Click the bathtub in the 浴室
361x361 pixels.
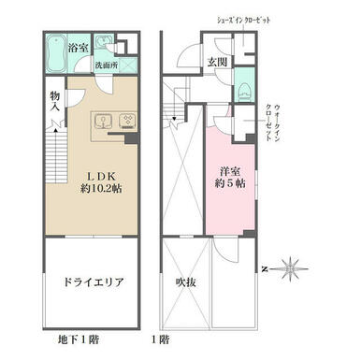[x=56, y=53]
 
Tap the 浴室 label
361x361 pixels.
[x=79, y=48]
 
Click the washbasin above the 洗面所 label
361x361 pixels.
[x=103, y=41]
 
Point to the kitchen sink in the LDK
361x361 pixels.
[x=103, y=122]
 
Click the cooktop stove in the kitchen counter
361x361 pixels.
[x=127, y=121]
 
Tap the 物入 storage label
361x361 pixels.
[x=55, y=101]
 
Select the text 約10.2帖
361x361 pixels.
[x=101, y=188]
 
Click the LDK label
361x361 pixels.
[x=101, y=176]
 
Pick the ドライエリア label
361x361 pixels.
[x=94, y=282]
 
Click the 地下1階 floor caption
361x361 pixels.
[x=79, y=339]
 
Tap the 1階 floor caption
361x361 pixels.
[x=161, y=339]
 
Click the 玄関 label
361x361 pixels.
[x=217, y=63]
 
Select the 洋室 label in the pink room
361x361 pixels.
[x=230, y=171]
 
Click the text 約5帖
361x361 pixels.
[x=230, y=183]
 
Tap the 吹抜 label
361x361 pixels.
[x=186, y=282]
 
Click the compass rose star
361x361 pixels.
[x=290, y=268]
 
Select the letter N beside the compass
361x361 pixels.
[x=265, y=269]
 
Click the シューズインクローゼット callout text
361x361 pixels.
[x=243, y=21]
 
